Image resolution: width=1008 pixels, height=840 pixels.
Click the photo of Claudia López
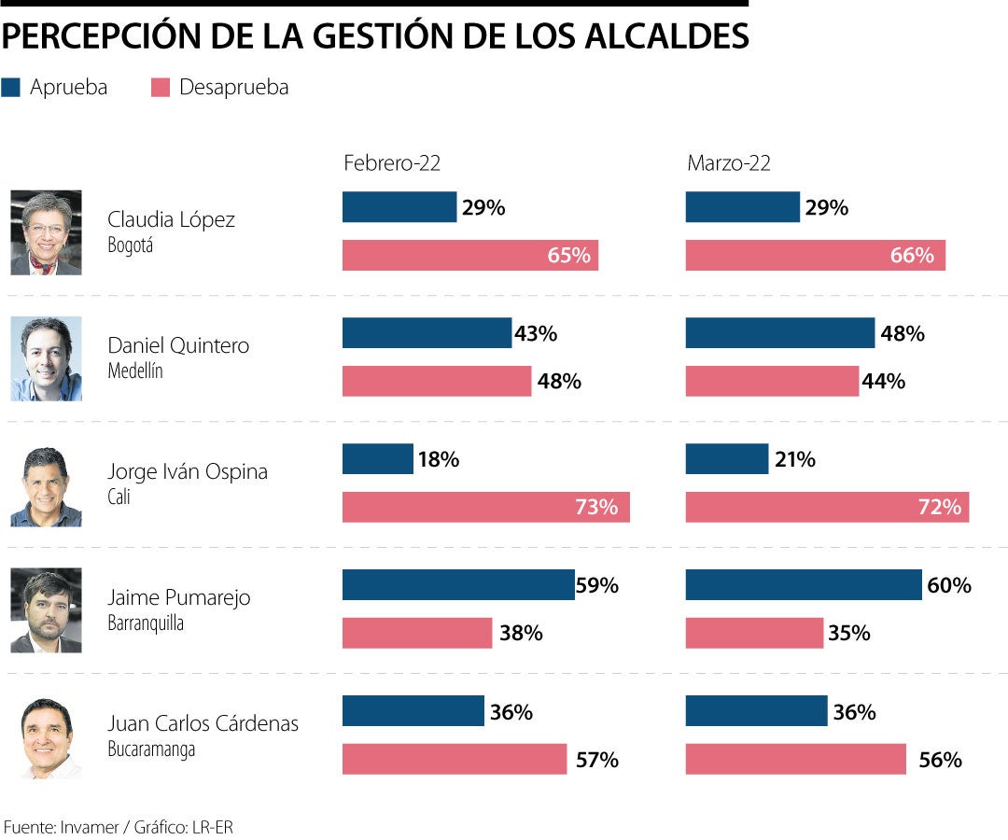46,232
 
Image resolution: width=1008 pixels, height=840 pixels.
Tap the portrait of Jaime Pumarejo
46,610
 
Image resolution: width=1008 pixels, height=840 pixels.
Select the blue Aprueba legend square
11,88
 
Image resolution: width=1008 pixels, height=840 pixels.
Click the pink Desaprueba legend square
161,88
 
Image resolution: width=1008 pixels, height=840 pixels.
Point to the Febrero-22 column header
392,163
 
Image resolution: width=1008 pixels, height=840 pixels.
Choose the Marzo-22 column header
729,163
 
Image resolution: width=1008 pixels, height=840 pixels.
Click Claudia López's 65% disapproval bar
469,256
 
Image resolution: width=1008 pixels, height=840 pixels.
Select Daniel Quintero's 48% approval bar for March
779,333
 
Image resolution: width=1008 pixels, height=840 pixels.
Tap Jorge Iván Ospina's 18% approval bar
377,459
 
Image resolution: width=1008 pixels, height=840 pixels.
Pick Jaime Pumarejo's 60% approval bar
803,585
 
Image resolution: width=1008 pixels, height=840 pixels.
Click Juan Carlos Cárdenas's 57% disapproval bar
454,759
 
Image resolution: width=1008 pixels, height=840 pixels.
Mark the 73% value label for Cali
596,508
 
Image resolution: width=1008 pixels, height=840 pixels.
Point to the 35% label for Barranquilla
849,634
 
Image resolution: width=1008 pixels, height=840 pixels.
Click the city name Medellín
135,371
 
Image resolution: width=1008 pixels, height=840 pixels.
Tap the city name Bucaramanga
151,749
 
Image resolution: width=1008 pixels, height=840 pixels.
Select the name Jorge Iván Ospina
188,471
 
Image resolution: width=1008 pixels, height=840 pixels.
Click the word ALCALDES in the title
665,36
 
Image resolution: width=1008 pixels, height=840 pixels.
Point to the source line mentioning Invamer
118,827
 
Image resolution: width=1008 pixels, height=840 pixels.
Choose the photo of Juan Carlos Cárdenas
46,736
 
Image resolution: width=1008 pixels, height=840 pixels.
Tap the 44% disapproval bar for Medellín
771,381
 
